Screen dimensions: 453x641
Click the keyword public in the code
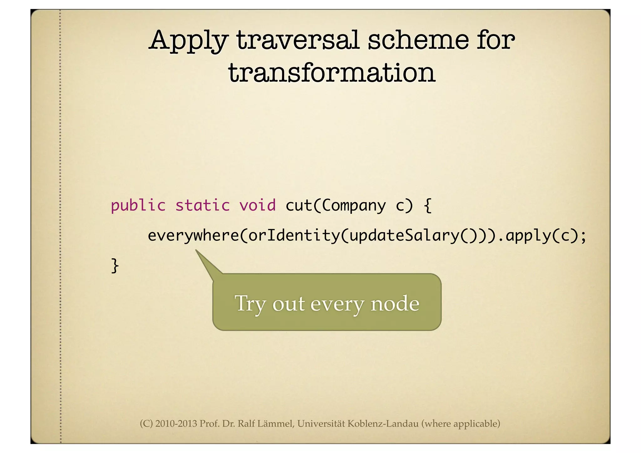[138, 206]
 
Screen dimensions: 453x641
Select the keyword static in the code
[203, 206]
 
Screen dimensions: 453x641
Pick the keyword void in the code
[257, 206]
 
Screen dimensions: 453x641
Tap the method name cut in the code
[299, 206]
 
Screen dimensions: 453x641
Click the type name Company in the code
[354, 206]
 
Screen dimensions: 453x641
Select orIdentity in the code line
[293, 235]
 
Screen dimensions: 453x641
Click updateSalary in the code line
[404, 235]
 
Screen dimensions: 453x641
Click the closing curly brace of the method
[115, 266]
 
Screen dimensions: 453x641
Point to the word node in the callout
[395, 303]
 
